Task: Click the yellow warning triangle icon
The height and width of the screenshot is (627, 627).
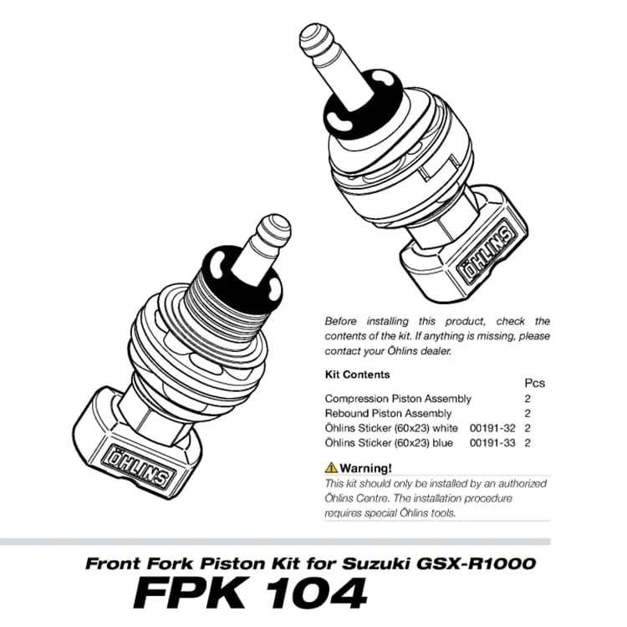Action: coord(331,467)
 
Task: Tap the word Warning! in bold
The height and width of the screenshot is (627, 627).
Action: coord(365,467)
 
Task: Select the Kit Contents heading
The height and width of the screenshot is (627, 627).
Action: coord(356,375)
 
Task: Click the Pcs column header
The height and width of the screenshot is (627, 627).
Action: coord(533,383)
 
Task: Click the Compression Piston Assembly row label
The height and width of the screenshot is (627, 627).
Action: coord(397,399)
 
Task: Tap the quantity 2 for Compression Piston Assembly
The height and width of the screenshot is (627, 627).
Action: coord(528,399)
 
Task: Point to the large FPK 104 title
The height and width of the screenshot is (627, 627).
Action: coord(250,593)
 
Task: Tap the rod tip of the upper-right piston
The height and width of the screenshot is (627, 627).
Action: coord(313,38)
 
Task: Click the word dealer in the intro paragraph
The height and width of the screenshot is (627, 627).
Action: coord(434,351)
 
